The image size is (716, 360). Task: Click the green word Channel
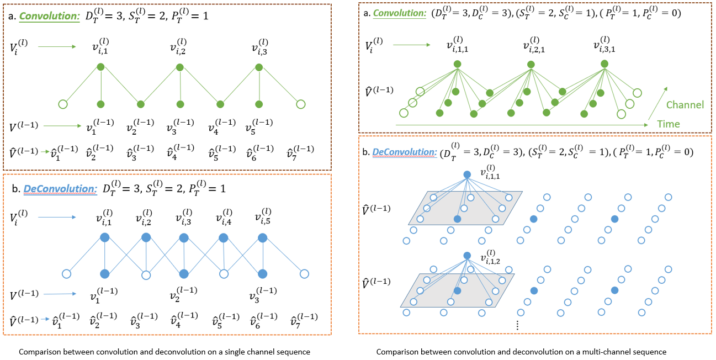tap(685, 104)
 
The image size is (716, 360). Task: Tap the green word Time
tap(668, 125)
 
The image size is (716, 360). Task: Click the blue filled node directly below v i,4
tap(224, 238)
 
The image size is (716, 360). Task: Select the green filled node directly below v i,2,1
tap(531, 65)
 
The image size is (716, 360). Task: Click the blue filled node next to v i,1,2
tap(467, 255)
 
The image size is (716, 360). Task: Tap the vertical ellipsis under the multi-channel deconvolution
tap(517, 326)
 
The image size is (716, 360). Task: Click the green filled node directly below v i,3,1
tap(605, 65)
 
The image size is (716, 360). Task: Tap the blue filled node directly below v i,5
tap(263, 238)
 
